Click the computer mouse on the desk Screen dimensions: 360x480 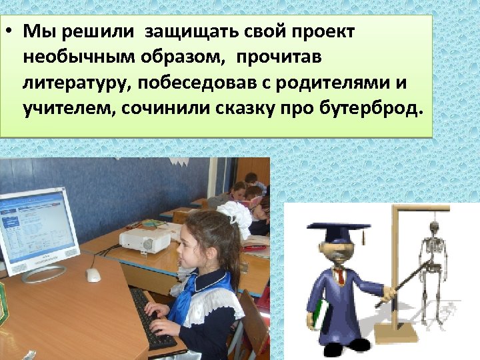pos(93,274)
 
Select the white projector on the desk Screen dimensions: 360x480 pos(145,241)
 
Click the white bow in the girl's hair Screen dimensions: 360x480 pos(233,214)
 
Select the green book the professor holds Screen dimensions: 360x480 pos(321,314)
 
